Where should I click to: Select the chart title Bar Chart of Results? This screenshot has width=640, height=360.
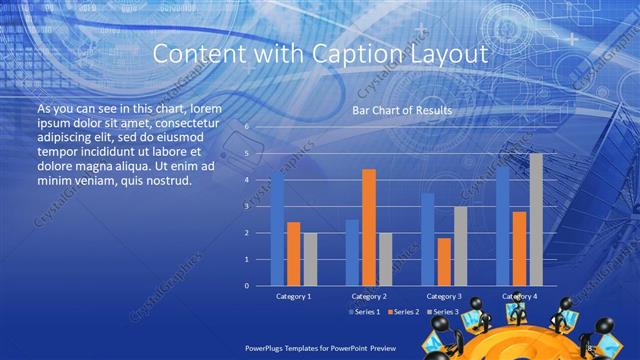[x=401, y=110]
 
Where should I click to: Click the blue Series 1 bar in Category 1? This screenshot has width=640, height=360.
[x=277, y=229]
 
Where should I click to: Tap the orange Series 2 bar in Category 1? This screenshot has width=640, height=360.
[x=293, y=254]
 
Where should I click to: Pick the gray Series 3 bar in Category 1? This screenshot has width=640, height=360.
[x=309, y=259]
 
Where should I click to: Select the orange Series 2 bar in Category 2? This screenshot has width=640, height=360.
[x=368, y=227]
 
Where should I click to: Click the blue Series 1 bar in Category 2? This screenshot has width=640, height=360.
[x=352, y=252]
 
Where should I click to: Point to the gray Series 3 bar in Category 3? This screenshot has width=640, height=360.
[x=459, y=246]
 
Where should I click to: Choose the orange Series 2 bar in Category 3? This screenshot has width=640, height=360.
[x=443, y=261]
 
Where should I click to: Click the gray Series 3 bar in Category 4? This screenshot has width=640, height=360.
[x=535, y=219]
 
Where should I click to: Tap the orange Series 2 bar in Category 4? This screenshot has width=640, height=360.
[x=519, y=248]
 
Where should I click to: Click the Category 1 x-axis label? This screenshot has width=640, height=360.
[x=293, y=296]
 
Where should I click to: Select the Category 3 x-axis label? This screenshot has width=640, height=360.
[x=443, y=296]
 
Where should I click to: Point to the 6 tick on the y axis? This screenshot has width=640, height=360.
[x=246, y=127]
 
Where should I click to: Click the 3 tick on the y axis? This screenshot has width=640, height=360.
[x=246, y=206]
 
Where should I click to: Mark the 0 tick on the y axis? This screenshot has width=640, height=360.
[x=246, y=285]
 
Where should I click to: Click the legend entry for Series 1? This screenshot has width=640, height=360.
[x=366, y=312]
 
